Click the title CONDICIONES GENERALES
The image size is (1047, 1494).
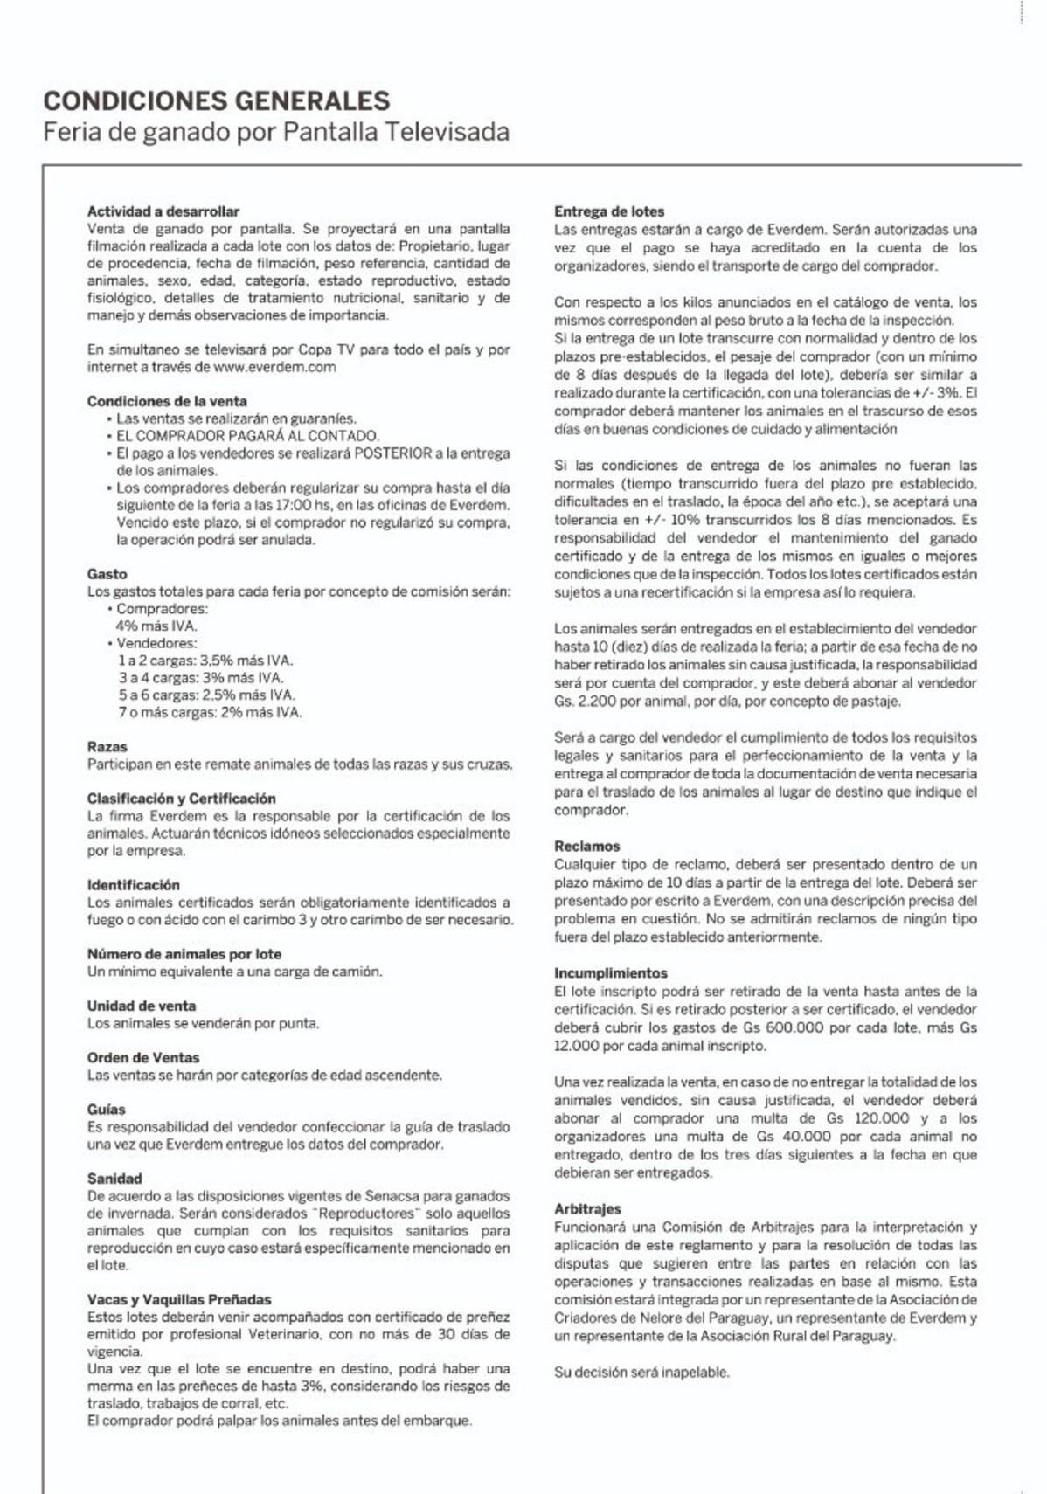coord(217,101)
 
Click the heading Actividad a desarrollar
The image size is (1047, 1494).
coord(163,211)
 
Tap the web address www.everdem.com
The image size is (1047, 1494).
coord(274,367)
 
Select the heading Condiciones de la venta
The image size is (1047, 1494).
coord(167,401)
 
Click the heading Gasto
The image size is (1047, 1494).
coord(107,574)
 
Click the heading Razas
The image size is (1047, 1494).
coord(107,747)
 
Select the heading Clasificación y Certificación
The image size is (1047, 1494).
coord(181,799)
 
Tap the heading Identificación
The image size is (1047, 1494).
coord(133,885)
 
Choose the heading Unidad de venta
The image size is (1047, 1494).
coord(141,1006)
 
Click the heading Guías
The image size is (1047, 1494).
coord(106,1110)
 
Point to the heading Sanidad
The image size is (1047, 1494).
coord(114,1179)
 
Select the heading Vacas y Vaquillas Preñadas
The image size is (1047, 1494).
coord(179,1300)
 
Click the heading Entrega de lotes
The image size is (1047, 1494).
coord(609,211)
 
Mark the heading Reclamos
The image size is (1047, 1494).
coord(586,847)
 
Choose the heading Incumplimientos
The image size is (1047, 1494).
coord(610,973)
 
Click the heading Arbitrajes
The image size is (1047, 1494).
coord(587,1209)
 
